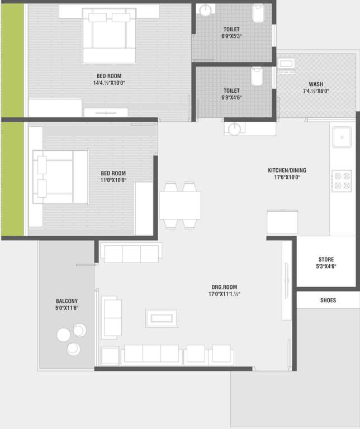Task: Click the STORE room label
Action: point(326,260)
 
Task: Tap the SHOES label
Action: point(328,301)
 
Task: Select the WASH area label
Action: point(315,84)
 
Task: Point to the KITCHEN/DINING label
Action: point(287,170)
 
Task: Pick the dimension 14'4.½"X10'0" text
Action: point(109,83)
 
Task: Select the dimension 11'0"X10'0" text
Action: point(113,180)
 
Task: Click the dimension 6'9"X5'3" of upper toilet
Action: point(231,36)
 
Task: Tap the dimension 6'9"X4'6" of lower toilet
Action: point(231,97)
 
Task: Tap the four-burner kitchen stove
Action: point(341,180)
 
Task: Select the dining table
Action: point(180,205)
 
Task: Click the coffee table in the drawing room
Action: point(162,318)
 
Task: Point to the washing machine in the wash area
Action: point(286,66)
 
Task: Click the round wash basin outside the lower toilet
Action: point(235,129)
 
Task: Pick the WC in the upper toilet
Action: point(259,13)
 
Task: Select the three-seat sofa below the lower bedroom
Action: point(131,253)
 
